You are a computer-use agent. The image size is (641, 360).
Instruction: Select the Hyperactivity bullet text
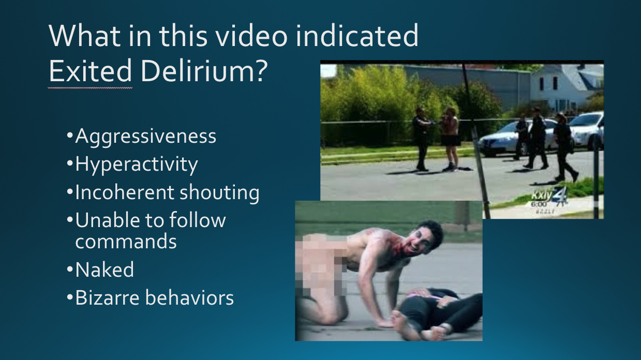click(137, 165)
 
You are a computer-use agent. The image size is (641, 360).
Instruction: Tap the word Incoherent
click(125, 192)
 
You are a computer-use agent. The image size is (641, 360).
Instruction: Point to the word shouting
click(219, 193)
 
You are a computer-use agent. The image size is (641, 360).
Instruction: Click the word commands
click(126, 242)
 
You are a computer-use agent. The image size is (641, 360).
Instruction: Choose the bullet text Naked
click(105, 269)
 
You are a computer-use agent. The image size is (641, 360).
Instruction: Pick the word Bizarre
click(108, 297)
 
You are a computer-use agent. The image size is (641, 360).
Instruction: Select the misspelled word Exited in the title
click(91, 71)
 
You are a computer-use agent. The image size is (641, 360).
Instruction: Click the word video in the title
click(251, 36)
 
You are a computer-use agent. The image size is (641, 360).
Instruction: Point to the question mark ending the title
click(261, 71)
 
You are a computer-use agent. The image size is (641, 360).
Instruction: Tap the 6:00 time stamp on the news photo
click(539, 204)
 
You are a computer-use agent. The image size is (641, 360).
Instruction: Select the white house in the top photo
click(567, 87)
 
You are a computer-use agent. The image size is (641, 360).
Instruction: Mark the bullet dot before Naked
click(69, 269)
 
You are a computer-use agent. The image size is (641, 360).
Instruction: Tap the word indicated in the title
click(357, 36)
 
